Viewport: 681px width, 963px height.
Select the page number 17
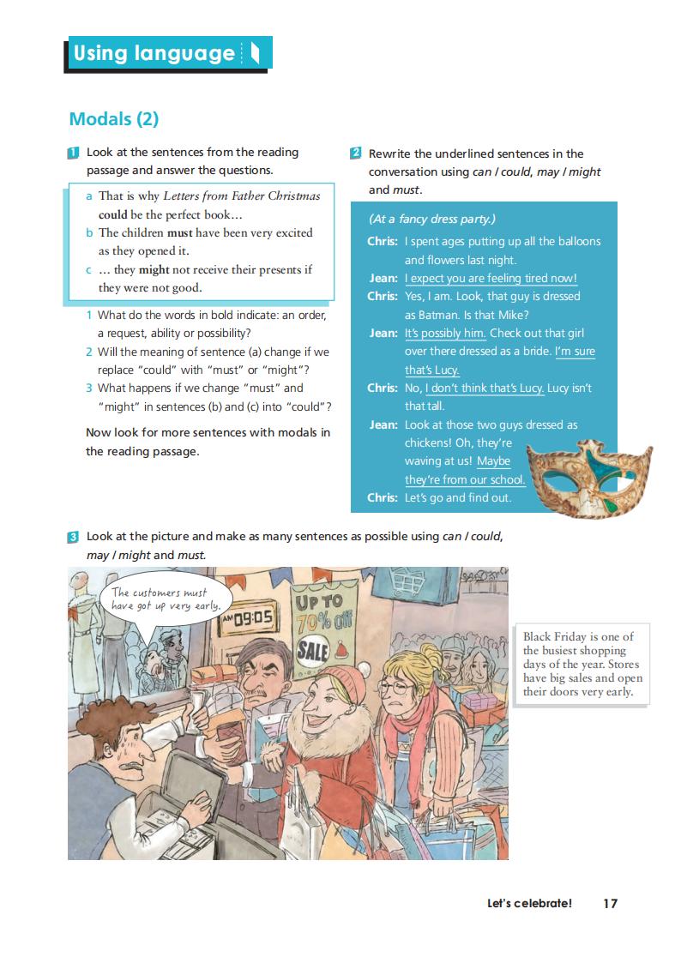tap(610, 903)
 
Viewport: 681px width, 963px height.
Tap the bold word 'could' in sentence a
tap(112, 214)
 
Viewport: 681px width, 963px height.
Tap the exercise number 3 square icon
tap(74, 538)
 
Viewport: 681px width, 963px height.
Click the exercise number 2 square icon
tap(356, 153)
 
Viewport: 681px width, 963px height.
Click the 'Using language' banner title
tap(154, 53)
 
